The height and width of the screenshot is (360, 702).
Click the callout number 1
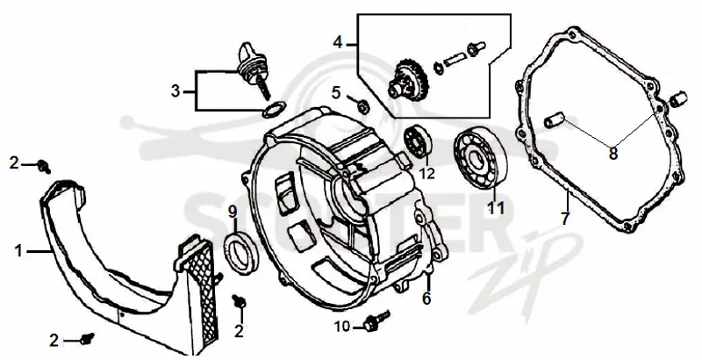pyautogui.click(x=18, y=251)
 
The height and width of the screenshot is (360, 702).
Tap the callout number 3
pyautogui.click(x=175, y=92)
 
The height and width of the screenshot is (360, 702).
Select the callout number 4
pyautogui.click(x=338, y=43)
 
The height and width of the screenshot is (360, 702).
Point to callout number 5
pyautogui.click(x=336, y=93)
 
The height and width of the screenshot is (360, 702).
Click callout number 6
pyautogui.click(x=426, y=298)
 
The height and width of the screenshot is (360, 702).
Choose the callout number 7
pyautogui.click(x=565, y=219)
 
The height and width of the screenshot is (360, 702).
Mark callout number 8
pyautogui.click(x=612, y=153)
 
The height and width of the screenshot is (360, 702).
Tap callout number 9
pyautogui.click(x=233, y=212)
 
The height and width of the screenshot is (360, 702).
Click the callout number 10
pyautogui.click(x=342, y=328)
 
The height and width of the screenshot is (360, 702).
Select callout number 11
pyautogui.click(x=496, y=208)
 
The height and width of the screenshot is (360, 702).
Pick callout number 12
pyautogui.click(x=427, y=173)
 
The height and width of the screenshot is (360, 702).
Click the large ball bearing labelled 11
pyautogui.click(x=480, y=152)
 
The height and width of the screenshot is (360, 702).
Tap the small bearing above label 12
pyautogui.click(x=418, y=141)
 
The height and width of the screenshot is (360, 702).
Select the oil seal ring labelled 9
pyautogui.click(x=240, y=253)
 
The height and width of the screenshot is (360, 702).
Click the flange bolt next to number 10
pyautogui.click(x=377, y=320)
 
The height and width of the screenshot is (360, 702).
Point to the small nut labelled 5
pyautogui.click(x=363, y=107)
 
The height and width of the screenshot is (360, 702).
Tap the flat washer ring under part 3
pyautogui.click(x=274, y=109)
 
